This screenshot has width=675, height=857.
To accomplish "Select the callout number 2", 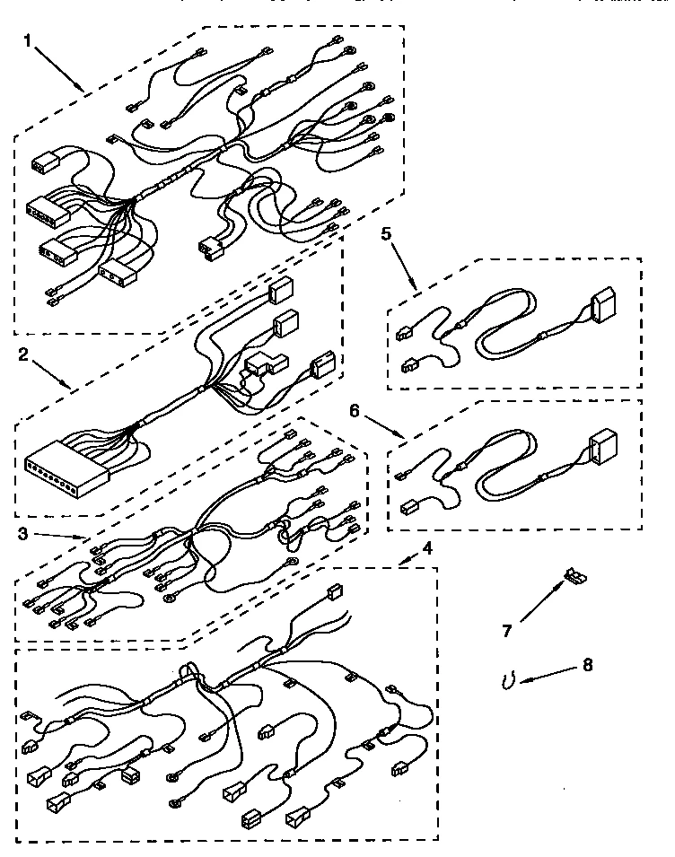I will (x=24, y=354).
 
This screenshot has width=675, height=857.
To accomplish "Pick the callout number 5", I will (x=385, y=234).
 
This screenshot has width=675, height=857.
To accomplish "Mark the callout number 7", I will (x=505, y=631).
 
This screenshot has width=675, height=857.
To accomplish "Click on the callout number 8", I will (x=587, y=665).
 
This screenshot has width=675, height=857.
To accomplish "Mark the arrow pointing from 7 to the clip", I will (x=538, y=604).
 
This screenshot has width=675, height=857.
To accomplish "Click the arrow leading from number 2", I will (x=49, y=372).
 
